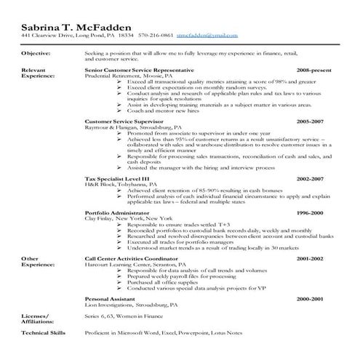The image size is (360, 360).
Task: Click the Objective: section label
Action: pyautogui.click(x=36, y=54)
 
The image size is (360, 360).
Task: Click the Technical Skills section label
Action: pyautogui.click(x=43, y=332)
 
